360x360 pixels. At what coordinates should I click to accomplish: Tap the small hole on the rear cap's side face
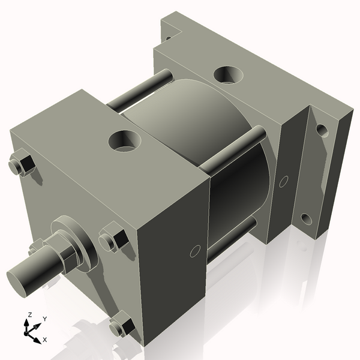284,179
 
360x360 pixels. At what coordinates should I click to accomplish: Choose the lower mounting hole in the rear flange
306,218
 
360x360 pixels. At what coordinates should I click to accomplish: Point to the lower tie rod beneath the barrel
234,237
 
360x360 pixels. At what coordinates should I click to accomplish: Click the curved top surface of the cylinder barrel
180,114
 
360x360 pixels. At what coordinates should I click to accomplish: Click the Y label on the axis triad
44,319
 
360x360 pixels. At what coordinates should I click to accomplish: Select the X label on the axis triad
45,340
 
